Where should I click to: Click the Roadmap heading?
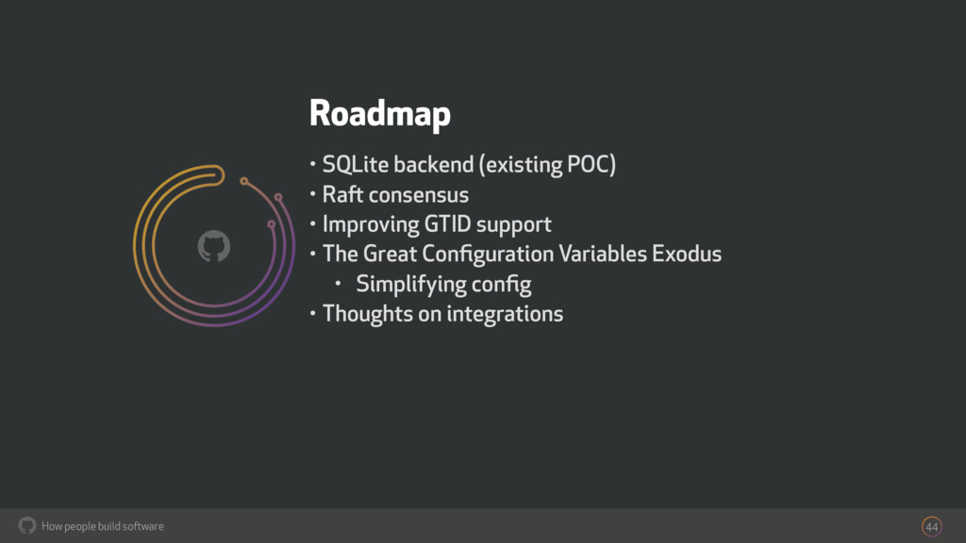[x=379, y=114]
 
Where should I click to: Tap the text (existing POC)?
[x=547, y=166]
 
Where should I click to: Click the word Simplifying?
[x=411, y=284]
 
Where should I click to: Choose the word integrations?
[x=505, y=313]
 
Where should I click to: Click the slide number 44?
[x=932, y=526]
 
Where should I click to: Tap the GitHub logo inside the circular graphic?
[x=214, y=247]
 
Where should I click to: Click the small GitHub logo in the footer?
[x=27, y=525]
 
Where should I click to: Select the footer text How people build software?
[x=103, y=526]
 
